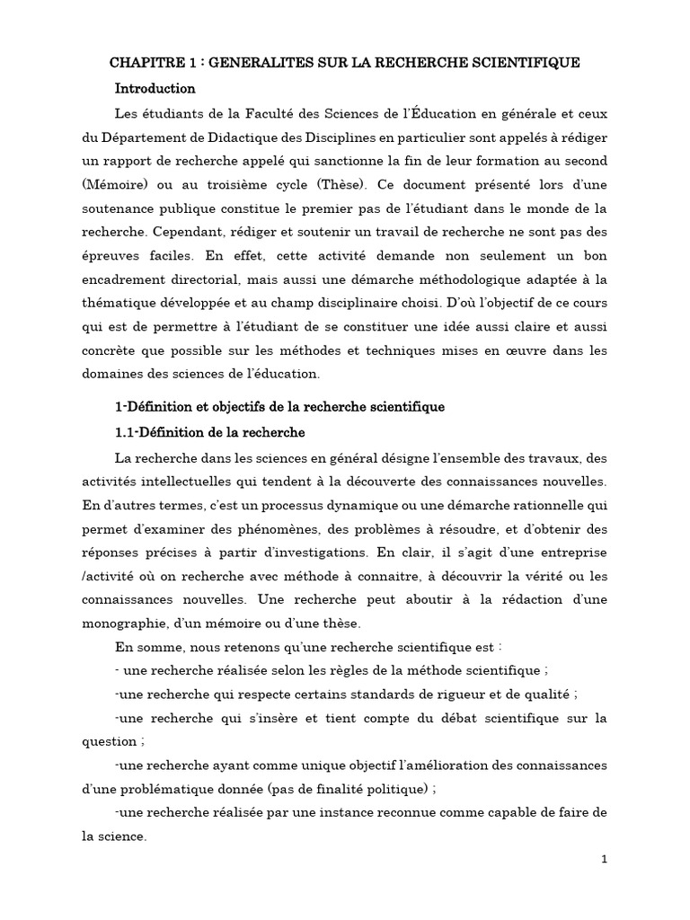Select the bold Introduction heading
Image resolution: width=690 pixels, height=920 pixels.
(155, 89)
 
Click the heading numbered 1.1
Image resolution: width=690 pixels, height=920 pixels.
(210, 432)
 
